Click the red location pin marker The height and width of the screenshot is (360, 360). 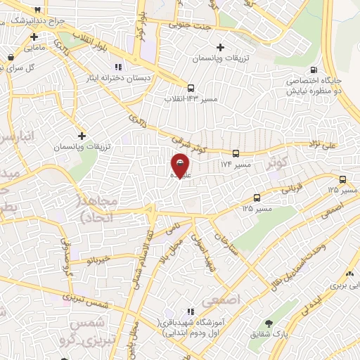coord(180,165)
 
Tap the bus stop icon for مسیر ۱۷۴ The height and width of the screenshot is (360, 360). coord(236,153)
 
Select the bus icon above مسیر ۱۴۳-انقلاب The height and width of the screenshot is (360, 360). coord(191,89)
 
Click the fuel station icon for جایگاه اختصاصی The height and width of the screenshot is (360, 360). coord(313,70)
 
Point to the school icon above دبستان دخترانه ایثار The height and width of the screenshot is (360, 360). coord(118,66)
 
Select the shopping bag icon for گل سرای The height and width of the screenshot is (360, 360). coord(11,58)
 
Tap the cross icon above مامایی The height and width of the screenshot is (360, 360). coord(33,37)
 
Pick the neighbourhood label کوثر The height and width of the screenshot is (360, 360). coord(278,163)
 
